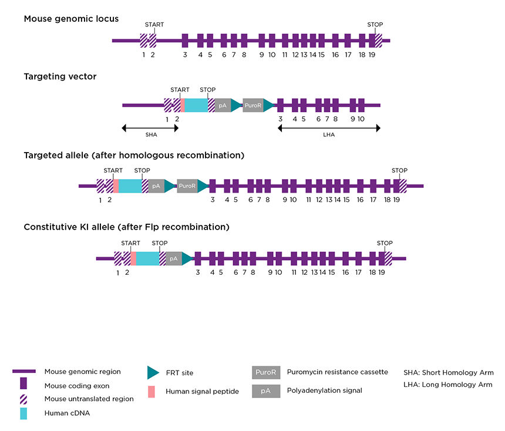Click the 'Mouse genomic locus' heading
coord(71,19)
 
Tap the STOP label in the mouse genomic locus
coord(375,25)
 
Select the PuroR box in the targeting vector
coord(253,106)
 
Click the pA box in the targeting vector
coord(223,106)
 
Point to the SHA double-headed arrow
coord(149,127)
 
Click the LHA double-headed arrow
coord(329,127)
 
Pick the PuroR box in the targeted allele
coord(187,186)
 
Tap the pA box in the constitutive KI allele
coord(174,258)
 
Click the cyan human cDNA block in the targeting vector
coord(197,106)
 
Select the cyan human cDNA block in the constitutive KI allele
coord(148,258)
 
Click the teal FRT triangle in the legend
coord(153,372)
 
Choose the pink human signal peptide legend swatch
coord(151,391)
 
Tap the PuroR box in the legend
coord(266,372)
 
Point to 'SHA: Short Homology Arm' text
coord(448,372)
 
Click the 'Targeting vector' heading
coord(60,76)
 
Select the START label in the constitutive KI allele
coord(130,243)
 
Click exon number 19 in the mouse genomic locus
coord(372,55)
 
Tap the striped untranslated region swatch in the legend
coord(23,399)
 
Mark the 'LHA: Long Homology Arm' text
coord(448,385)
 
